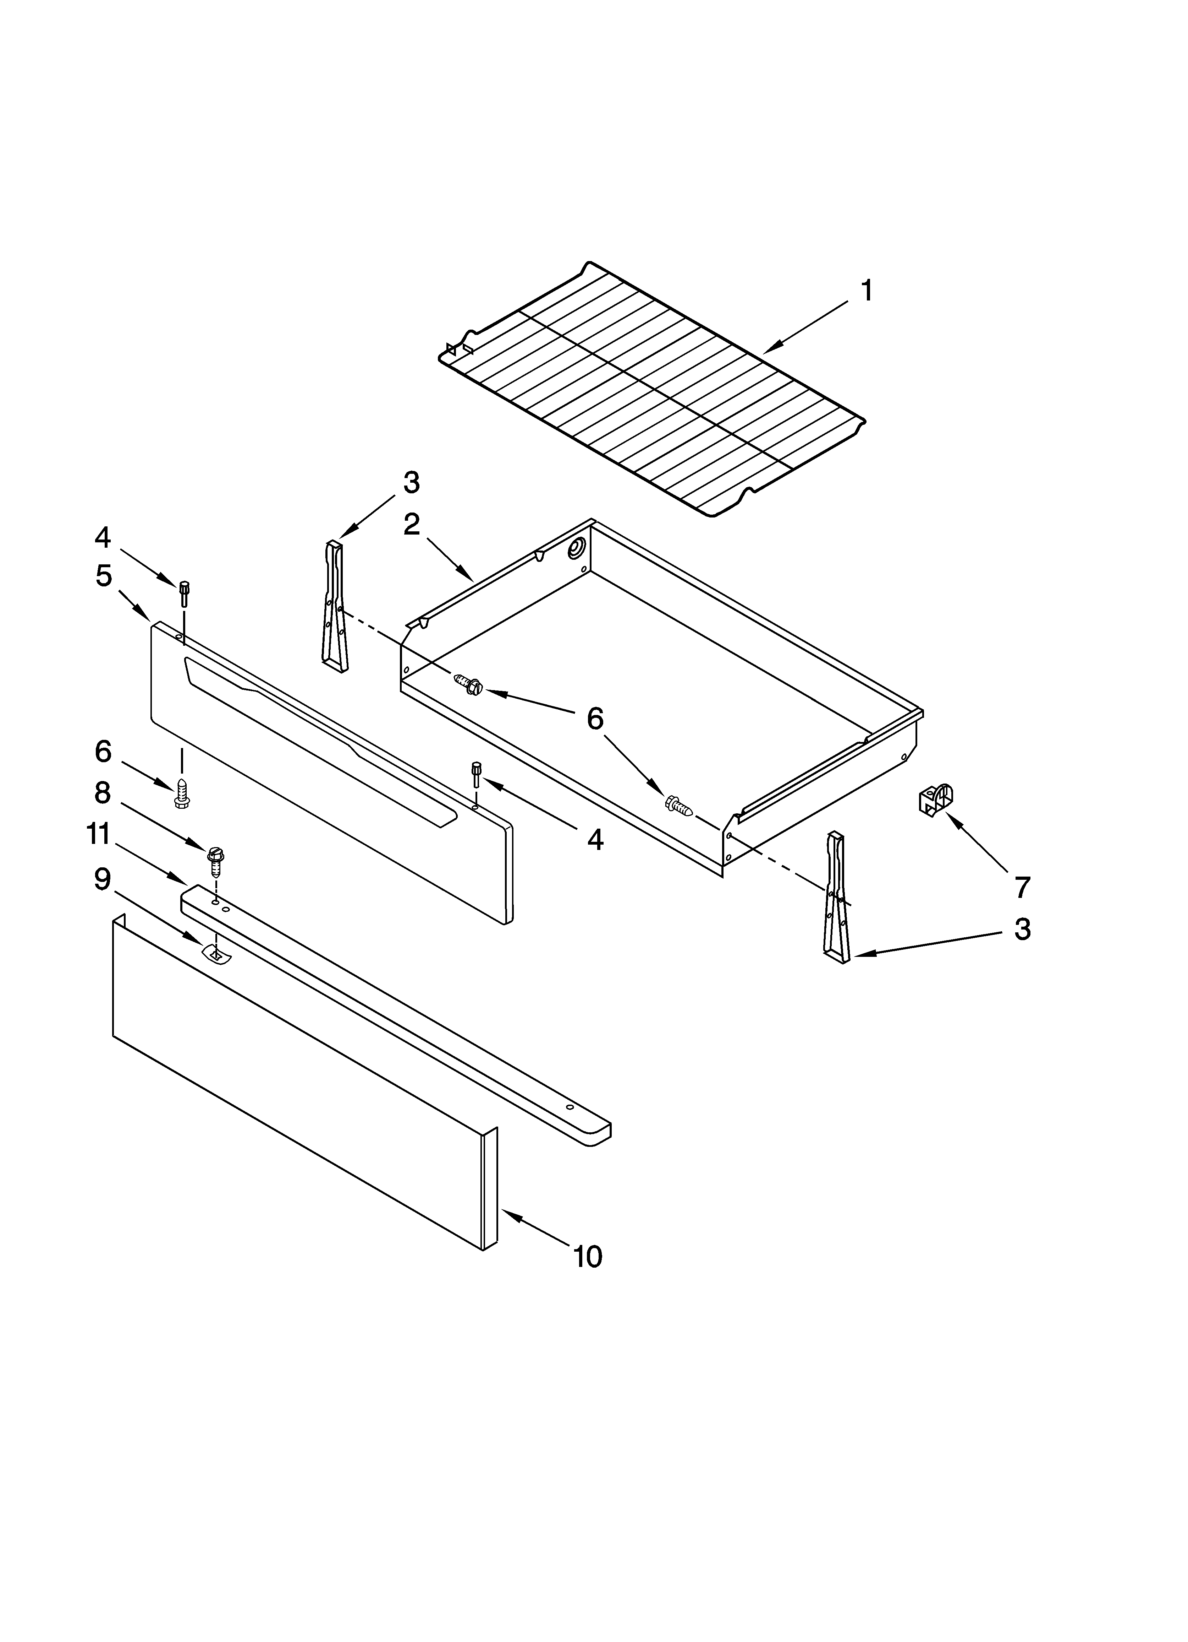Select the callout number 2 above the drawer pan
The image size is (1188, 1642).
click(411, 524)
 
